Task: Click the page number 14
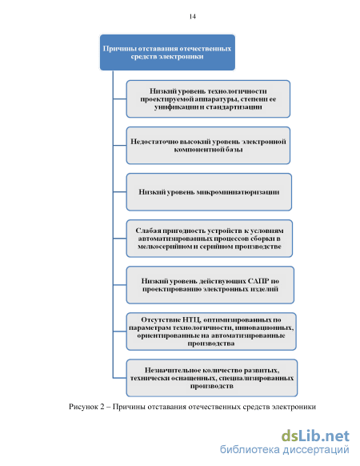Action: [193, 17]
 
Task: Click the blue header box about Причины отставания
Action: [167, 52]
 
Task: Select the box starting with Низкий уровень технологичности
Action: [208, 99]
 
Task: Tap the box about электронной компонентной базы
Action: [208, 146]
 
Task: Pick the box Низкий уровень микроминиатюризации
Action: [209, 192]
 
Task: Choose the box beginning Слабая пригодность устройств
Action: [209, 239]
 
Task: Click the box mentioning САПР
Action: [210, 285]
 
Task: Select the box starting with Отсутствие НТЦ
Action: [211, 331]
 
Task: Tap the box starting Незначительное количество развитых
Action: [211, 378]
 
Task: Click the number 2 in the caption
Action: [102, 407]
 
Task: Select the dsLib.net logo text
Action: [315, 436]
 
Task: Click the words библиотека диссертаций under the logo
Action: [285, 449]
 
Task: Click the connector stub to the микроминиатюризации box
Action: [120, 192]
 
